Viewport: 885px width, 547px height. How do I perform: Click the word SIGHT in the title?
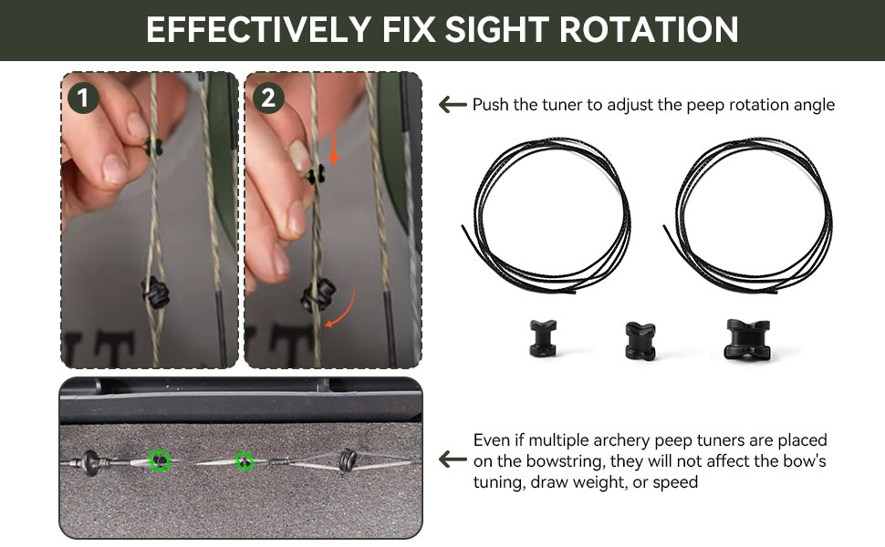496,29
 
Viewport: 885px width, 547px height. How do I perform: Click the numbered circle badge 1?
83,98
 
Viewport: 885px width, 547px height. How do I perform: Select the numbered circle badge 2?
268,98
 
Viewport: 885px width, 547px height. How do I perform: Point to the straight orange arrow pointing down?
334,144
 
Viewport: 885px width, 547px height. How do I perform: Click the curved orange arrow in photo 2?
348,309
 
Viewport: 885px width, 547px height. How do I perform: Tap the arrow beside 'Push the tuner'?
453,104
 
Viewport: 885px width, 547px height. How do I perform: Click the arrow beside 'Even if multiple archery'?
453,459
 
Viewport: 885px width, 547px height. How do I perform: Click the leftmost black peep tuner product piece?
543,338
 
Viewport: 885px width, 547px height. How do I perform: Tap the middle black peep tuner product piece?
640,341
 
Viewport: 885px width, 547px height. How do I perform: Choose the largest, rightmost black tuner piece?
747,339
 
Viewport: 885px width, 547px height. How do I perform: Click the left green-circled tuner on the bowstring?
160,460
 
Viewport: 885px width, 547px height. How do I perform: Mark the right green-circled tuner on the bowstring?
244,462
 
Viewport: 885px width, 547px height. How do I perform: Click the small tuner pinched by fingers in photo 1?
153,147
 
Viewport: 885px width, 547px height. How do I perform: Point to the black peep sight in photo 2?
318,295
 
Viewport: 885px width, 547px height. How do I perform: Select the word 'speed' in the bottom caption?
675,482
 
